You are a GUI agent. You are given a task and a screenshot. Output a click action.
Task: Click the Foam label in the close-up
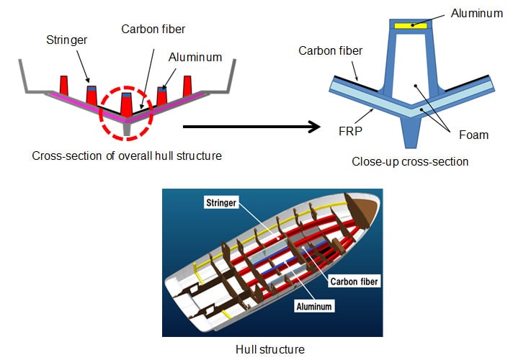point(474,135)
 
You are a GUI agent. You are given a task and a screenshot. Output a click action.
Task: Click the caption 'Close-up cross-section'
point(409,161)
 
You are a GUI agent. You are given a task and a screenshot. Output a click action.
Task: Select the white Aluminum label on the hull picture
point(313,306)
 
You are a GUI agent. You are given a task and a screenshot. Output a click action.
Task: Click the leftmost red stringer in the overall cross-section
point(63,86)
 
